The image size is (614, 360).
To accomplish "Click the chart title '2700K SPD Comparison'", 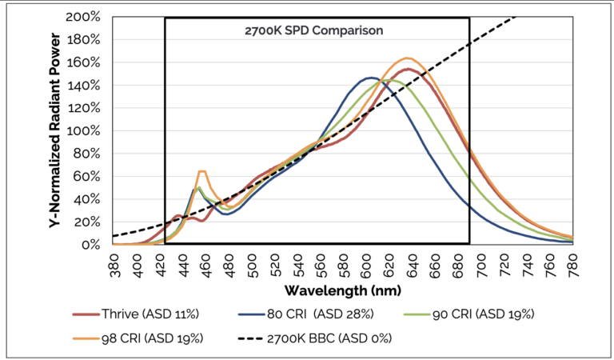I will click(x=314, y=31).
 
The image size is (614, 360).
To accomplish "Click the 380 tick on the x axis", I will click(x=115, y=259).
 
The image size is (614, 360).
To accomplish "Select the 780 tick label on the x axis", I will click(x=572, y=259).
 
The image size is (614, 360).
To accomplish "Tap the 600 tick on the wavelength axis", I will click(x=367, y=259).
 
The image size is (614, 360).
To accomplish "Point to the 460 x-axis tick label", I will click(x=206, y=259).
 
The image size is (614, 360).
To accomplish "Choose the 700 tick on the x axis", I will click(x=481, y=259).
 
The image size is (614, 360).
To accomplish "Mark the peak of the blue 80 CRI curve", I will click(x=370, y=78).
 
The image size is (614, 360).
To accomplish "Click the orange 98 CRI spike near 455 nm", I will click(x=201, y=171).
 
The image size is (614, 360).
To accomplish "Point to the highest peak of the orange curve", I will click(x=408, y=58).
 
